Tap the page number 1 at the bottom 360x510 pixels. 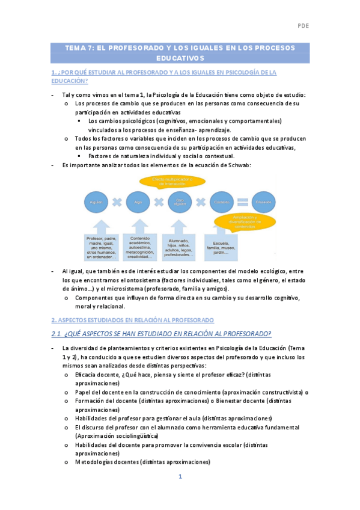coord(180,476)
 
